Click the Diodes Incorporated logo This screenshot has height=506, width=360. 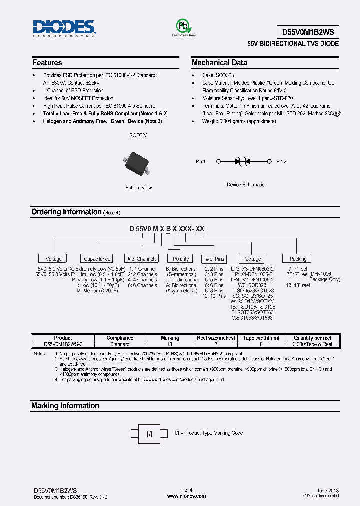point(64,29)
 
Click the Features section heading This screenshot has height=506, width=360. point(47,63)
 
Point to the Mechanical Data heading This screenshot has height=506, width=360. point(219,63)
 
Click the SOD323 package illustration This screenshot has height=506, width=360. point(136,164)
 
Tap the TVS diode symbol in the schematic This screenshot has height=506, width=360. point(242,161)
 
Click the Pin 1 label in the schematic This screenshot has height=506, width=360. point(201,161)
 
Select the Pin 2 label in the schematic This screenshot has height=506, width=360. point(282,161)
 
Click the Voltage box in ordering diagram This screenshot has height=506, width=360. point(54,259)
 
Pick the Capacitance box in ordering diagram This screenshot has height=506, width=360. point(97,259)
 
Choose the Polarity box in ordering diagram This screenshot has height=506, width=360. point(181,259)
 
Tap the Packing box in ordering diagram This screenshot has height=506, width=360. point(298,259)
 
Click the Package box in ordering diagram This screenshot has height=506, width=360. point(251,259)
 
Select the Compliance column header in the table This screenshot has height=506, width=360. point(120,338)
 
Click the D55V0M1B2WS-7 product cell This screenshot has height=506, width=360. point(63,344)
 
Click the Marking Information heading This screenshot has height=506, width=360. point(65,406)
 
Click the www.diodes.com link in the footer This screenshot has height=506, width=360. point(186,496)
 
